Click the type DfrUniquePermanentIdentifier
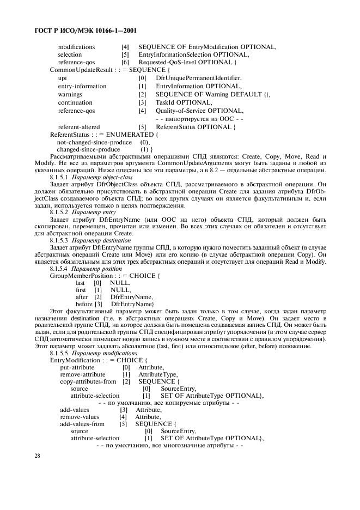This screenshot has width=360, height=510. coord(198,78)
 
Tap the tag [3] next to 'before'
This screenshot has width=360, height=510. coord(99,303)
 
